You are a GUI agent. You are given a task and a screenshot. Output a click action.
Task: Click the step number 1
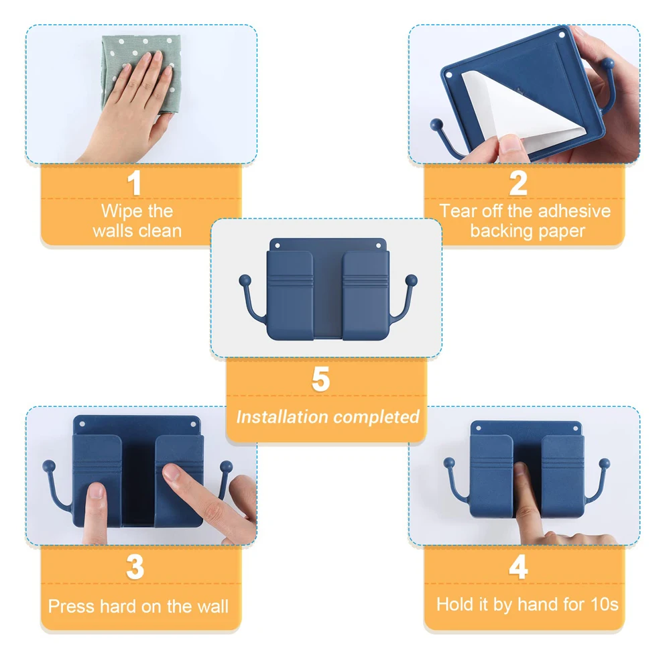tap(134, 183)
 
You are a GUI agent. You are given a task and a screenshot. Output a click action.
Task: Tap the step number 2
tap(518, 183)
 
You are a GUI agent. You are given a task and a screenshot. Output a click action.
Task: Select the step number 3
tap(135, 567)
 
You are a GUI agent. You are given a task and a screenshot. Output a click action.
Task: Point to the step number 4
tap(518, 567)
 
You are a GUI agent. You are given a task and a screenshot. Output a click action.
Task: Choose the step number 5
tap(320, 379)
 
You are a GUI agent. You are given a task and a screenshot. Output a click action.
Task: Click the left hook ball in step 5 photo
tap(245, 280)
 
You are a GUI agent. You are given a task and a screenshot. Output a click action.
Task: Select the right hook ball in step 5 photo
tap(411, 280)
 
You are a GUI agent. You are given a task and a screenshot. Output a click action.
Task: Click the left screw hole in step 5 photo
tap(278, 246)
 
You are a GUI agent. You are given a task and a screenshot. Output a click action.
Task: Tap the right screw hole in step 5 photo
tap(378, 246)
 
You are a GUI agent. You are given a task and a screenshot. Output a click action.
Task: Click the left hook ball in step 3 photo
tap(49, 466)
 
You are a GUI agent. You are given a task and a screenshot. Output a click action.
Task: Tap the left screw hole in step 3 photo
tap(82, 424)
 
